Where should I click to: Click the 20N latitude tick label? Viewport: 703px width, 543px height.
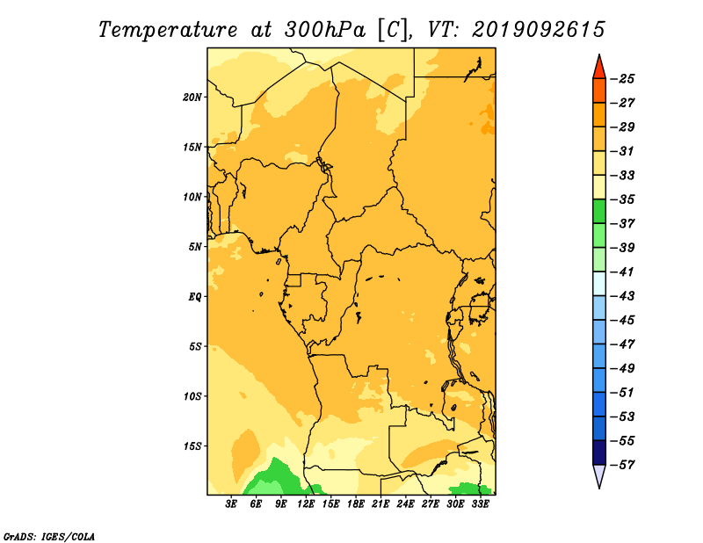point(192,98)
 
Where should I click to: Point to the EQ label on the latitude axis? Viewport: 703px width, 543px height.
point(194,297)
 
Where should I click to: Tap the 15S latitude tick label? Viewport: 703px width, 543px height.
point(192,446)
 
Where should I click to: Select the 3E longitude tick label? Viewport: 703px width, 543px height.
point(231,504)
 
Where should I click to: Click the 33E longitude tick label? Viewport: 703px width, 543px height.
point(480,504)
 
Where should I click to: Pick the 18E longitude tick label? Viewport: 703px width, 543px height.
point(356,504)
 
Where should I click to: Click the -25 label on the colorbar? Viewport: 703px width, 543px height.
point(622,79)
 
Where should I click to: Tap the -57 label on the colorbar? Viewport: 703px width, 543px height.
point(622,465)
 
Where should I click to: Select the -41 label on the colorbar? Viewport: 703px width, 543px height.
point(622,272)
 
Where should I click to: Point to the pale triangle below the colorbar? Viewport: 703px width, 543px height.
point(599,474)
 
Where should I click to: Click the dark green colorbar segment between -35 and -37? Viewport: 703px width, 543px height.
point(599,212)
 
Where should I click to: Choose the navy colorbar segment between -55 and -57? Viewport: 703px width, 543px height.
point(599,452)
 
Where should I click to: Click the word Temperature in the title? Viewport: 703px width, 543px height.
point(167,30)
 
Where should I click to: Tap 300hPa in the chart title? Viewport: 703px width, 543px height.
point(324,30)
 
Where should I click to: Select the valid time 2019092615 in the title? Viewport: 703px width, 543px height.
point(539,30)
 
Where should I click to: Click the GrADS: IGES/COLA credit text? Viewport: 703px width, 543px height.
point(49,537)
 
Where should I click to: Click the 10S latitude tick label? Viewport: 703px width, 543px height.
point(192,396)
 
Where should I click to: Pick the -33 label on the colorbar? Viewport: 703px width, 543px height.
point(622,176)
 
